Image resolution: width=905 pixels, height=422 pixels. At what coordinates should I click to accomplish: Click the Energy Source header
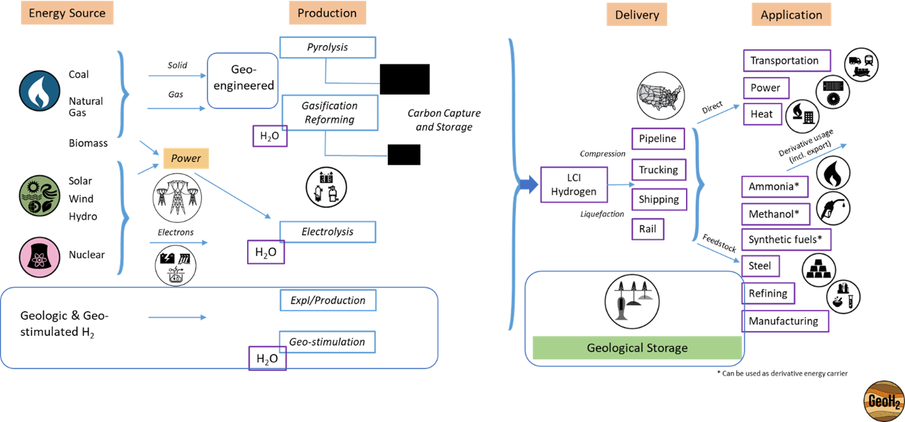click(67, 13)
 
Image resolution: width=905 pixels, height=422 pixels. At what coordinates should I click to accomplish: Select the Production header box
click(327, 13)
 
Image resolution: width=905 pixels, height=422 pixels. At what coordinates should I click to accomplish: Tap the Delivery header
click(637, 15)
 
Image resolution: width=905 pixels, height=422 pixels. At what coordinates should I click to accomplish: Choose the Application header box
click(791, 15)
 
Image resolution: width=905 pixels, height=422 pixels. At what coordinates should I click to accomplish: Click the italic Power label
click(186, 159)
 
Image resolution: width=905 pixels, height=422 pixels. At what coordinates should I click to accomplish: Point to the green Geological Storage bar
click(637, 348)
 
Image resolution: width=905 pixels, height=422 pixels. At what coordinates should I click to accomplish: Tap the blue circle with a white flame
click(40, 90)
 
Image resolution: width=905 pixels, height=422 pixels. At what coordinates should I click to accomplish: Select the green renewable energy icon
click(39, 195)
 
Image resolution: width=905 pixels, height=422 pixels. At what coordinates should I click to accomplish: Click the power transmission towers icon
click(177, 198)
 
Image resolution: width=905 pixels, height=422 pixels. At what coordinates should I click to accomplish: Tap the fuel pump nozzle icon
click(833, 209)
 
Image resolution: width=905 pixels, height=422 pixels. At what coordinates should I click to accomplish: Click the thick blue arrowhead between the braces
click(529, 185)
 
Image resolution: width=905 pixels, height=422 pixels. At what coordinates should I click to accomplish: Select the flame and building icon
click(802, 116)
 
